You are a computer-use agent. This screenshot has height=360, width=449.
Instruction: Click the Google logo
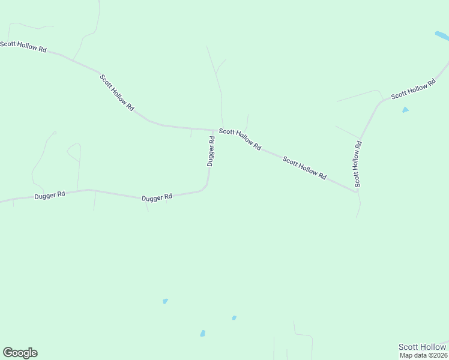20,353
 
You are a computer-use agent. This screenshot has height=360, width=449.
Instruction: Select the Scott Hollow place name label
422,347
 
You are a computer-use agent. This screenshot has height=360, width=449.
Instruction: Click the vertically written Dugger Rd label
211,151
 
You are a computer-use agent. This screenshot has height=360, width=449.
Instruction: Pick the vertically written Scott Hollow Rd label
358,164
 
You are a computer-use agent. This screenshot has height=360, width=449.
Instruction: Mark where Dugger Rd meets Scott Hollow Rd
214,130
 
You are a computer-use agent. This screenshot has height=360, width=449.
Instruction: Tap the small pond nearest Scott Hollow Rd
406,110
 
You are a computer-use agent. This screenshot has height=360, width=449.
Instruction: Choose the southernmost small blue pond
203,333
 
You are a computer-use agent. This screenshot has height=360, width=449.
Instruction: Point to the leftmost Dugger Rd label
49,196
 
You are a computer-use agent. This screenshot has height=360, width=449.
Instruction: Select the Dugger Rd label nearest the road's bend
157,197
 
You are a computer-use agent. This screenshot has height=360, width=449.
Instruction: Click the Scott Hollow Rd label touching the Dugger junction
240,139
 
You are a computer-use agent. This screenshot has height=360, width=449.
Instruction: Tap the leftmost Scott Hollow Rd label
23,47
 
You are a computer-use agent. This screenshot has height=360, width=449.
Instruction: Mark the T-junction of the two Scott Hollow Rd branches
357,192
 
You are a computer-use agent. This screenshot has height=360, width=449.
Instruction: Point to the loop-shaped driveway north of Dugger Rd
74,151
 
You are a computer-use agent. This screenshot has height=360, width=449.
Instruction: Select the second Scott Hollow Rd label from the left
116,92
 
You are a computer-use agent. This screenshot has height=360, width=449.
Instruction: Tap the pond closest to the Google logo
165,301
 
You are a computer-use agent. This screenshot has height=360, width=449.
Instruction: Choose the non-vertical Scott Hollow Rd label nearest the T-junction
304,168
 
